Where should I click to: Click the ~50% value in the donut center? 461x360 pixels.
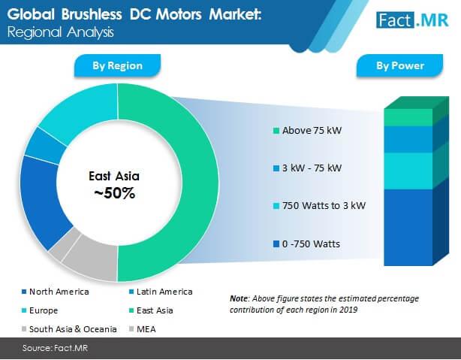(115, 193)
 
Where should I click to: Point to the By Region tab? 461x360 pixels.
(117, 65)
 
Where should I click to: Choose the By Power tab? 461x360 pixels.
(400, 65)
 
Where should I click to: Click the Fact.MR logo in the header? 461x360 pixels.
(412, 20)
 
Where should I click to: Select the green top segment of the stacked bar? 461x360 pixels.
(408, 117)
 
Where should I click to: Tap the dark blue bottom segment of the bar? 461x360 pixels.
(408, 227)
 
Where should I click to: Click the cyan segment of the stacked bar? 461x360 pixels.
(408, 171)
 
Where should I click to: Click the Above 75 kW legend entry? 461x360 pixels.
(308, 131)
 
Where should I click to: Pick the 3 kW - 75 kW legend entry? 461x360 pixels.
(308, 168)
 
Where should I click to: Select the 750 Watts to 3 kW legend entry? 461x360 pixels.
(320, 206)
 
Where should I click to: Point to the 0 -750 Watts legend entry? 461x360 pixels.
(306, 244)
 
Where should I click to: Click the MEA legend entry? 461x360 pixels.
(143, 329)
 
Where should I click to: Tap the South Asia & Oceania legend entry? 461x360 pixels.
(69, 329)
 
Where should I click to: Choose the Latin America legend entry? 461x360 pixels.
(161, 292)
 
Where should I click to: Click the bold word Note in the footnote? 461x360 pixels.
(239, 298)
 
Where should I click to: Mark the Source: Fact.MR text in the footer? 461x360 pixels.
(55, 348)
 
